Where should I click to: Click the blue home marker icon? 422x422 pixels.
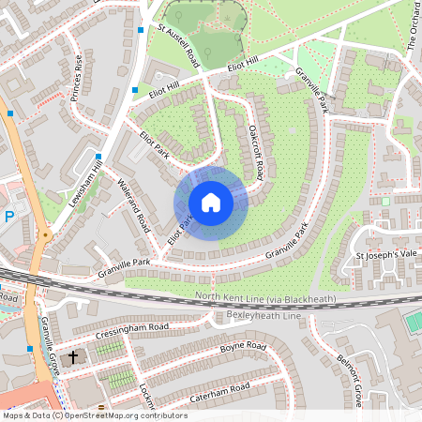pyautogui.click(x=211, y=203)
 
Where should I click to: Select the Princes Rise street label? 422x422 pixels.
pyautogui.click(x=83, y=83)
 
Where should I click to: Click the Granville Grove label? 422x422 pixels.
pyautogui.click(x=49, y=344)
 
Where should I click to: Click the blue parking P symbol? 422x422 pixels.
pyautogui.click(x=9, y=216)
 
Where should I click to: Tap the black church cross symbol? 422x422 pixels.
pyautogui.click(x=72, y=357)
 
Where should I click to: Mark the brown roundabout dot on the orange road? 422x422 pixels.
pyautogui.click(x=43, y=234)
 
